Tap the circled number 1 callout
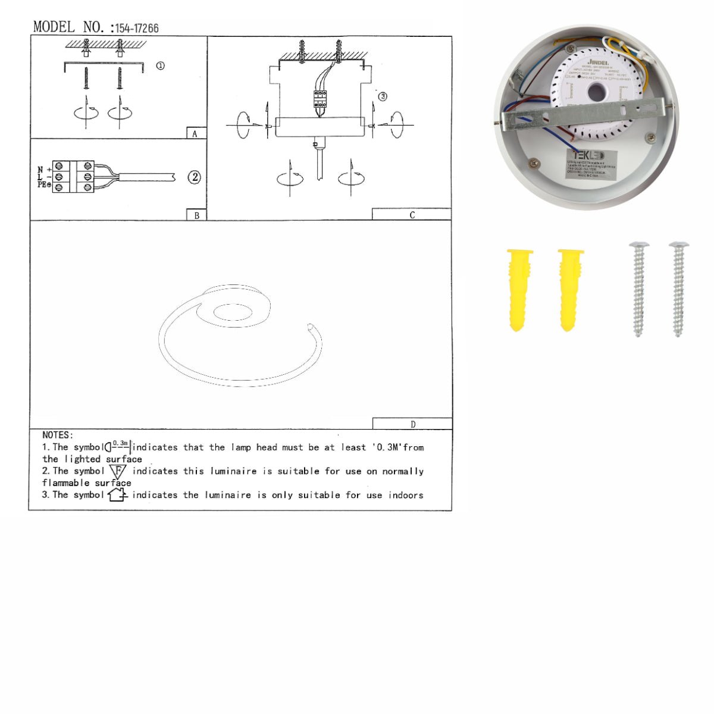(x=160, y=65)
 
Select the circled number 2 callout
(x=194, y=177)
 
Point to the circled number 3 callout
(x=383, y=96)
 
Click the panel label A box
(x=195, y=134)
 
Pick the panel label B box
(x=196, y=215)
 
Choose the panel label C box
(x=412, y=215)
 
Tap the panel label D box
(x=412, y=424)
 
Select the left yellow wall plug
(x=519, y=289)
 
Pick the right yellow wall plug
(x=570, y=289)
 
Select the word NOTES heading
(x=58, y=436)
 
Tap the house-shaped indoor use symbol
(x=117, y=494)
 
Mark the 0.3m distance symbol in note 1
(x=118, y=446)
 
